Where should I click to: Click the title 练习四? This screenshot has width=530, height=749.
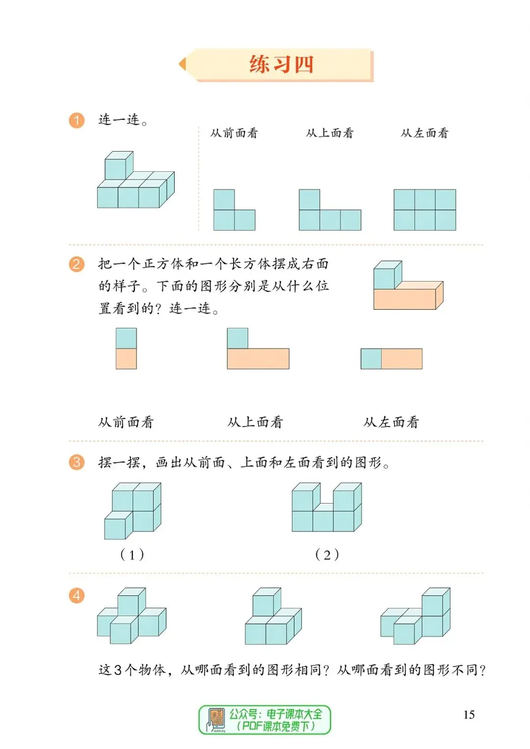281,64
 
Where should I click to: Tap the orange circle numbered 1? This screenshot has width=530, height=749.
77,120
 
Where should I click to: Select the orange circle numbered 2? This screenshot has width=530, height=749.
77,265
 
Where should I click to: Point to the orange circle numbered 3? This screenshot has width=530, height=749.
77,462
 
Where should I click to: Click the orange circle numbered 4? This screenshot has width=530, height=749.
77,596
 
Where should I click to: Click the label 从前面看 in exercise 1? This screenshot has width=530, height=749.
234,133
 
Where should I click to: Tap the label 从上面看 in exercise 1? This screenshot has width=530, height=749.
329,133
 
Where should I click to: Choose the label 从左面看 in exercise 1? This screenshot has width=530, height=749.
424,133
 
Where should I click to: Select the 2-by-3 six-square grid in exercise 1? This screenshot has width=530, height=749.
424,210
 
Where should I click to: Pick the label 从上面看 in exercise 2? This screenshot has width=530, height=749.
255,422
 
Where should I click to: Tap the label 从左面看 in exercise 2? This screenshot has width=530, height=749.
391,422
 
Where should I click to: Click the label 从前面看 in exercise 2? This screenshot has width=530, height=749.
126,422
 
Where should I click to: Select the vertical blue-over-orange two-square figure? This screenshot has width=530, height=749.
126,348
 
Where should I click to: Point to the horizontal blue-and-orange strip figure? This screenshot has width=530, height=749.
391,359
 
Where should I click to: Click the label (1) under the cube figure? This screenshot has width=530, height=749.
132,555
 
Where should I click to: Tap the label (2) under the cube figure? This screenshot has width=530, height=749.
327,555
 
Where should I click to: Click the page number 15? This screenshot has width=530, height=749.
469,715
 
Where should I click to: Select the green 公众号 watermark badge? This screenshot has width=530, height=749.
265,720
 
